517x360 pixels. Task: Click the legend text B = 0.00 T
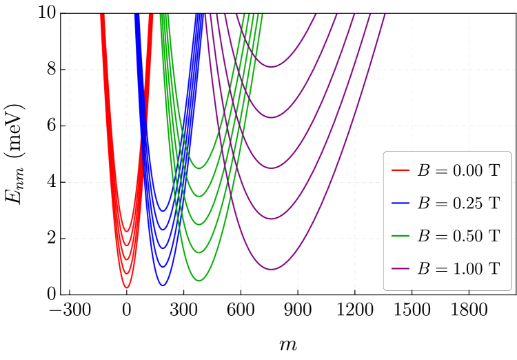click(458, 171)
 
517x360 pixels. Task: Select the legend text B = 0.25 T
click(458, 203)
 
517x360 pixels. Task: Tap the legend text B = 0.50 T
click(458, 236)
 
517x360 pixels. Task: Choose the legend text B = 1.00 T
click(458, 268)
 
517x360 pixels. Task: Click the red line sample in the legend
click(401, 170)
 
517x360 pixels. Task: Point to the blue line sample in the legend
click(401, 203)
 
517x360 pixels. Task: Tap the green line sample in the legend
click(401, 235)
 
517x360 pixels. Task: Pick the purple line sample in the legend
click(401, 268)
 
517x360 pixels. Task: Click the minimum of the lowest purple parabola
click(272, 269)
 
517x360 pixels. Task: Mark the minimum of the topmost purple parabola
click(272, 67)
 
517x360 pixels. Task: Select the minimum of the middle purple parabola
click(272, 168)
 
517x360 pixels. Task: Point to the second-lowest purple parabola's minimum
click(272, 219)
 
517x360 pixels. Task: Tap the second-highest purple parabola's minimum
click(272, 117)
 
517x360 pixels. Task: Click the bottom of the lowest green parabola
click(199, 281)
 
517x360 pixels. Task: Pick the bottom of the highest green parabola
click(199, 168)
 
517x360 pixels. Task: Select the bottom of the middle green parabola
click(199, 224)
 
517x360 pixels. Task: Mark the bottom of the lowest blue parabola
click(163, 285)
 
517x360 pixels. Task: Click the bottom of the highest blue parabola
click(163, 211)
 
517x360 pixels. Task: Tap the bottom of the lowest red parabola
click(127, 288)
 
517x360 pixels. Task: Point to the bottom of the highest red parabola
click(127, 231)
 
